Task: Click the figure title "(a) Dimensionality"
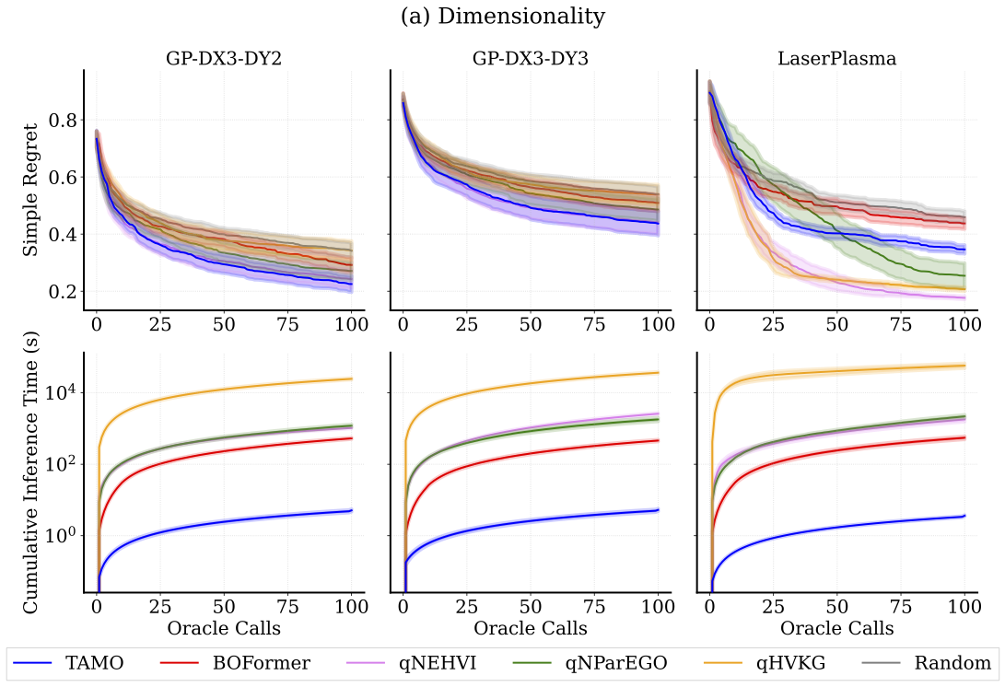[502, 17]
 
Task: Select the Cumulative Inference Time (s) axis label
[31, 472]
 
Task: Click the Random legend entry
[921, 662]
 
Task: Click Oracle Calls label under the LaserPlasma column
[836, 628]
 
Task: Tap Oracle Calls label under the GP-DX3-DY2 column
[224, 628]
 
